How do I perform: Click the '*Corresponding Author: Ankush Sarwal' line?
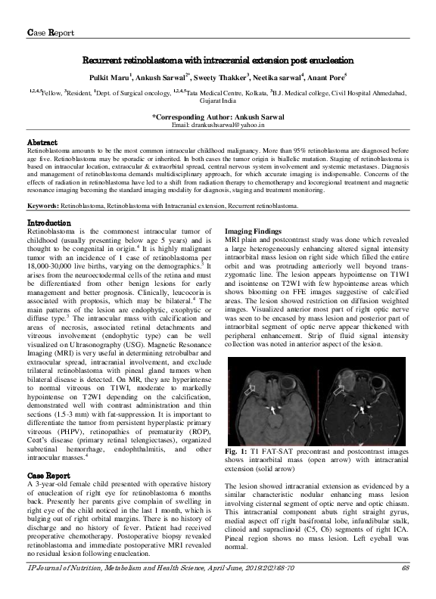(217, 116)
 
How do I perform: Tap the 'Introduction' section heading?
(50, 224)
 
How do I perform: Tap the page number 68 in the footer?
(405, 589)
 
